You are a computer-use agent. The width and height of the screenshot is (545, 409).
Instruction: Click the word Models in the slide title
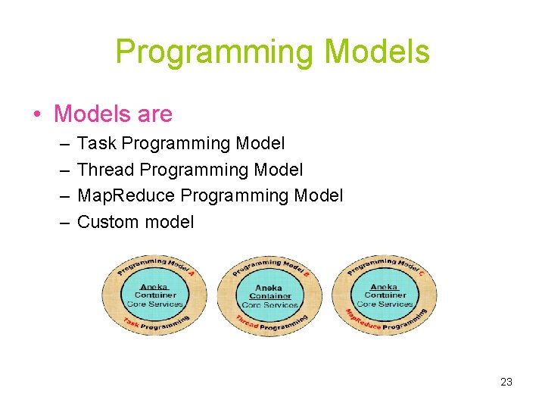[376, 52]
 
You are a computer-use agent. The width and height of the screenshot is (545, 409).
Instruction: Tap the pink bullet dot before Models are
[36, 115]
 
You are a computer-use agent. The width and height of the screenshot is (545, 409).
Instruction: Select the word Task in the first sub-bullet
[96, 143]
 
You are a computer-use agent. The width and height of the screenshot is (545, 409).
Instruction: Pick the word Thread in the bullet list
[106, 170]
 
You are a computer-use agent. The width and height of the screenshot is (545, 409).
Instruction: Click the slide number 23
[506, 382]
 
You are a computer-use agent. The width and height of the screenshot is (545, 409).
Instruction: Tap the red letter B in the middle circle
[307, 273]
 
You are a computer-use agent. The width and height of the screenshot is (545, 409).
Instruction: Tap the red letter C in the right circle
[421, 273]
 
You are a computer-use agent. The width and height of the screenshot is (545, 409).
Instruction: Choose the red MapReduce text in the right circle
[363, 321]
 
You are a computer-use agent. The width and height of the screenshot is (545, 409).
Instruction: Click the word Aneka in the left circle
[155, 287]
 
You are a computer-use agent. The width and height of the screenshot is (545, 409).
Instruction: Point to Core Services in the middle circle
[269, 304]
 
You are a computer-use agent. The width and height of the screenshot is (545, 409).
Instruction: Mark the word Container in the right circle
[385, 295]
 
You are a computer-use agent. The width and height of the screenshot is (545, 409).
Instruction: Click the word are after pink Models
[155, 114]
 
